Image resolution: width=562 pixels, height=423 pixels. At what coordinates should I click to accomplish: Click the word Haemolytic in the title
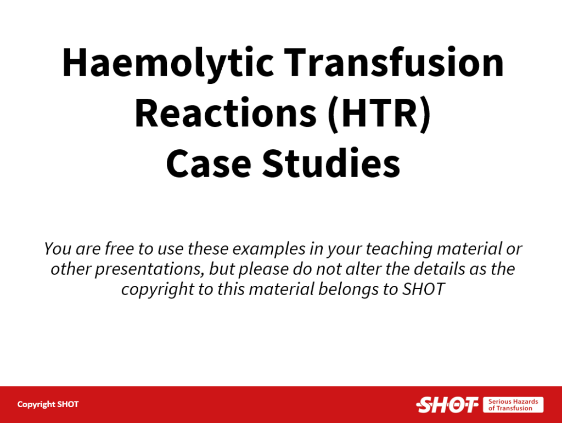(x=168, y=63)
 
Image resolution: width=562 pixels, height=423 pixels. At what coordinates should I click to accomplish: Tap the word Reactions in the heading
(x=226, y=113)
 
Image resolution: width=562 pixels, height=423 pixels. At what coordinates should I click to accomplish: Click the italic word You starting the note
(x=57, y=248)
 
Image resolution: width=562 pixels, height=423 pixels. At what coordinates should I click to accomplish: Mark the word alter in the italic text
(x=362, y=269)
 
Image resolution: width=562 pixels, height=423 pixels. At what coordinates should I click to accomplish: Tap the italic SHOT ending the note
(x=423, y=289)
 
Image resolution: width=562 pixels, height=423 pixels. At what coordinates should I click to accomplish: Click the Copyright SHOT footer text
(x=48, y=404)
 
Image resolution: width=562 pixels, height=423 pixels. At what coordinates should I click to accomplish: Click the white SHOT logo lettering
(x=447, y=405)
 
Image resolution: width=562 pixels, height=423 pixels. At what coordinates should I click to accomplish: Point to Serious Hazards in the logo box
(x=513, y=402)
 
